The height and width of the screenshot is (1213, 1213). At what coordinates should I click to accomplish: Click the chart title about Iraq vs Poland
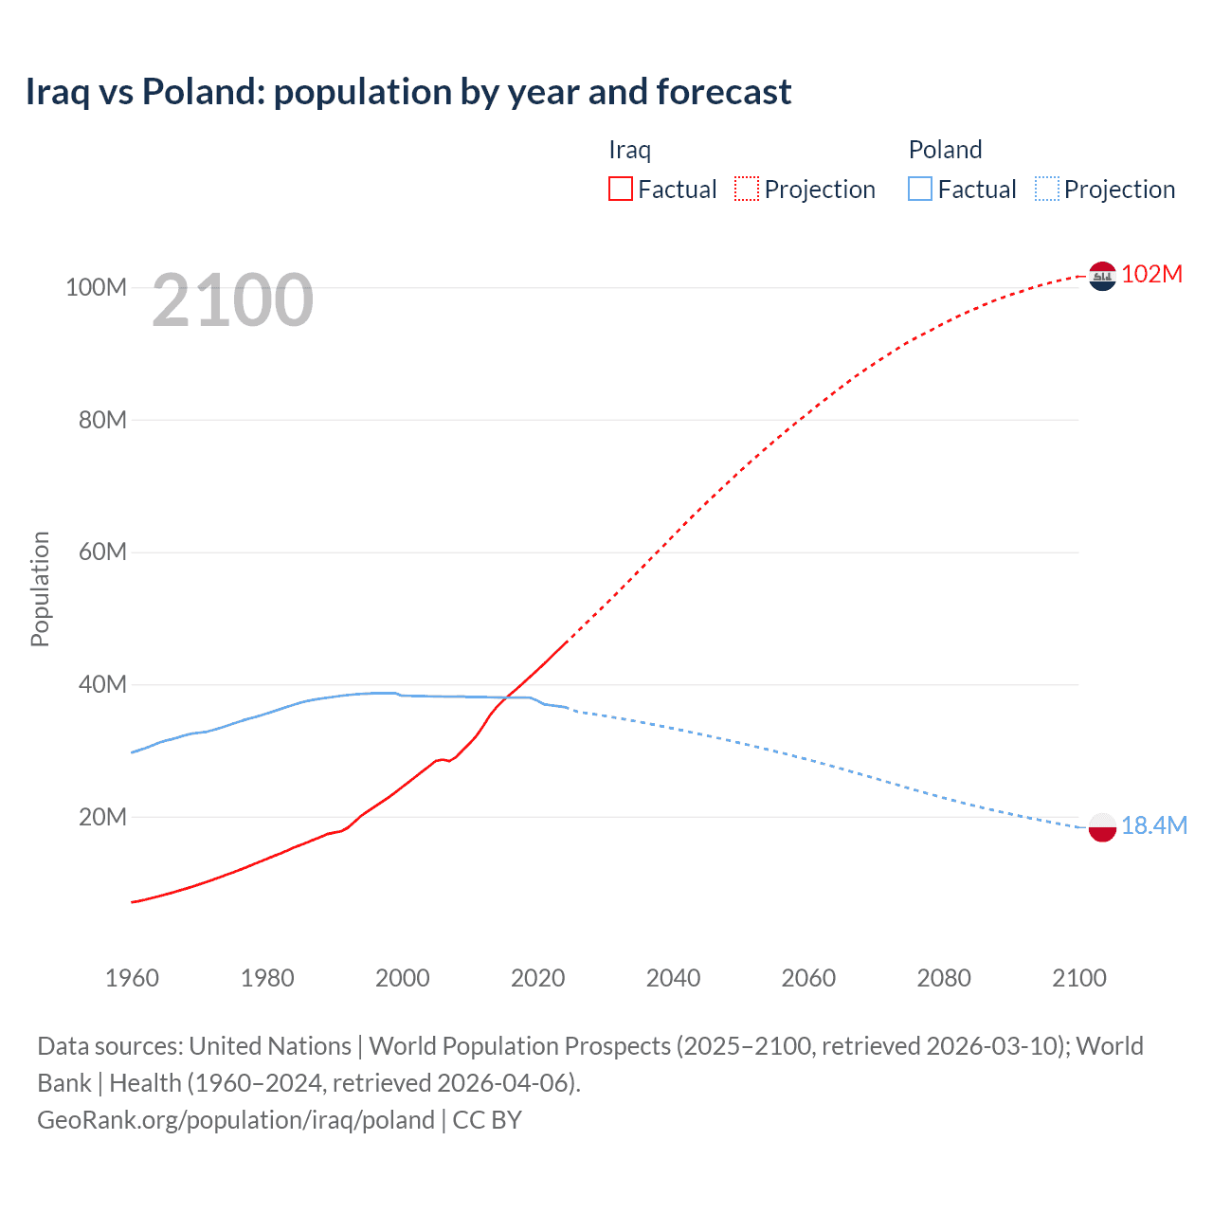coord(407,92)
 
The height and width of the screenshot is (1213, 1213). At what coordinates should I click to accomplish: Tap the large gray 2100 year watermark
coord(232,300)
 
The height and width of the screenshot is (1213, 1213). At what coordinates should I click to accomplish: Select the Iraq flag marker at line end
coord(1102,276)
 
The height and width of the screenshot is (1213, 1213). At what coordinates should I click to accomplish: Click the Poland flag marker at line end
coord(1102,827)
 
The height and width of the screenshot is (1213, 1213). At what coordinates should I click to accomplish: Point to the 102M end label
coord(1151,275)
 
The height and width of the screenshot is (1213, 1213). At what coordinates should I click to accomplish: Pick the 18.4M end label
coord(1153,826)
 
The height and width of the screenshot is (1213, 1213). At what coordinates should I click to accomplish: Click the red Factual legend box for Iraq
coord(621,190)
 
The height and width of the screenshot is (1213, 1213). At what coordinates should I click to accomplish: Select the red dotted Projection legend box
coord(747,190)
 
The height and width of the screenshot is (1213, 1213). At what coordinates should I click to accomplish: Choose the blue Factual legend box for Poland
coord(920,190)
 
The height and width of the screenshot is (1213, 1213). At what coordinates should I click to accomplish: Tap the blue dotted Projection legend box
coord(1046,190)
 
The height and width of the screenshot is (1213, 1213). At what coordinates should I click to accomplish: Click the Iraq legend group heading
coord(629,150)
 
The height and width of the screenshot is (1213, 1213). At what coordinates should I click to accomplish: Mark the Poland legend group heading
coord(945,150)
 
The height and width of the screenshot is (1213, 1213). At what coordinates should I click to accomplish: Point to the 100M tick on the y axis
coord(96,287)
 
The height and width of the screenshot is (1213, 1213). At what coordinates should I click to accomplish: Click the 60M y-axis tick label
coord(102,552)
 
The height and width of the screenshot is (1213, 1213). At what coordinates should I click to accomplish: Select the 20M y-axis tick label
coord(102,817)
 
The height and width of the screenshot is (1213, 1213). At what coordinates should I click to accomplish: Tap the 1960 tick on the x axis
coord(132,978)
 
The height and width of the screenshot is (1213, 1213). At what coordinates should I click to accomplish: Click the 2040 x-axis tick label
coord(673,978)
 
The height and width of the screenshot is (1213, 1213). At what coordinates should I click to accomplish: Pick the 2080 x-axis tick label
coord(944,978)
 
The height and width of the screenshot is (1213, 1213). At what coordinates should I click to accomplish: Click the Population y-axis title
coord(40,588)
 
